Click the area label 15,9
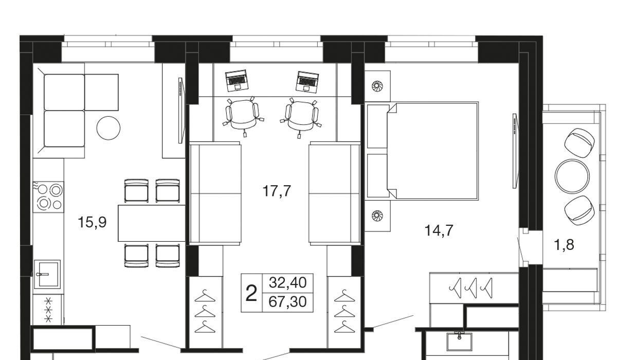92,222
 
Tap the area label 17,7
277,191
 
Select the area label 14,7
439,230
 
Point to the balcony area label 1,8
564,245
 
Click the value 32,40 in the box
287,283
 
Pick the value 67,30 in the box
287,302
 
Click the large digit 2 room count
251,293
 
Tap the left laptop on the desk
237,80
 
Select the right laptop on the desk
307,82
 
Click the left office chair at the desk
243,116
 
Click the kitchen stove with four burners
48,197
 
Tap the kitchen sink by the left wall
47,274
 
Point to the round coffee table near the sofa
108,128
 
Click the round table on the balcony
572,176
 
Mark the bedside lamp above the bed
377,86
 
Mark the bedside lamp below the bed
377,215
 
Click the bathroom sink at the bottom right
460,341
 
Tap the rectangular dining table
152,223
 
